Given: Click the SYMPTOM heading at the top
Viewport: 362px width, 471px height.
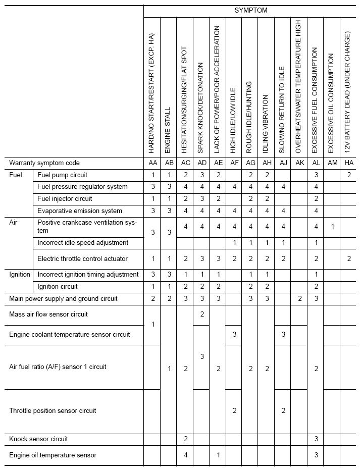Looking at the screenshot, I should tap(251, 10).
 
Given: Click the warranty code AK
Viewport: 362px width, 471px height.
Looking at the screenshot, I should tap(299, 163).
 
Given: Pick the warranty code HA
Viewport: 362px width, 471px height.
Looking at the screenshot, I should tap(348, 163).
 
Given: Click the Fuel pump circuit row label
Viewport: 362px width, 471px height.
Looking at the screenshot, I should tap(63, 175).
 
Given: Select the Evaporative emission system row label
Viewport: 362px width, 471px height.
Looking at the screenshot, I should tap(80, 211).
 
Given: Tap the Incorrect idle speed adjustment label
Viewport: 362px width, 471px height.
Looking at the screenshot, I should tap(83, 243).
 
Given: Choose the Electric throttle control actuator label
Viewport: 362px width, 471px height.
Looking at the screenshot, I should tap(83, 259).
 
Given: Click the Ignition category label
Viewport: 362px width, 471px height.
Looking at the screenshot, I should tap(20, 275).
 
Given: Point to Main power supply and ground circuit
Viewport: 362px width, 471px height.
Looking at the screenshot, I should tap(63, 299).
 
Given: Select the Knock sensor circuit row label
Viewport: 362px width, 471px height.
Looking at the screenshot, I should tap(38, 439).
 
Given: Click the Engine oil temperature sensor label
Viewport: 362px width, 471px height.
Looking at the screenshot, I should tap(53, 455).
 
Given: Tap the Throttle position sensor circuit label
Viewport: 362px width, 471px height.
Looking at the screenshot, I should tap(53, 411).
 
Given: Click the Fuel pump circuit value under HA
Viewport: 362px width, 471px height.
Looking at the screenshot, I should tap(348, 175).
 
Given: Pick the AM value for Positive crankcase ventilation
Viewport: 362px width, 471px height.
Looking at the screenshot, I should tap(332, 227).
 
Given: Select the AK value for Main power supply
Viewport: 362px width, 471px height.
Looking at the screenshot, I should tap(299, 299).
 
